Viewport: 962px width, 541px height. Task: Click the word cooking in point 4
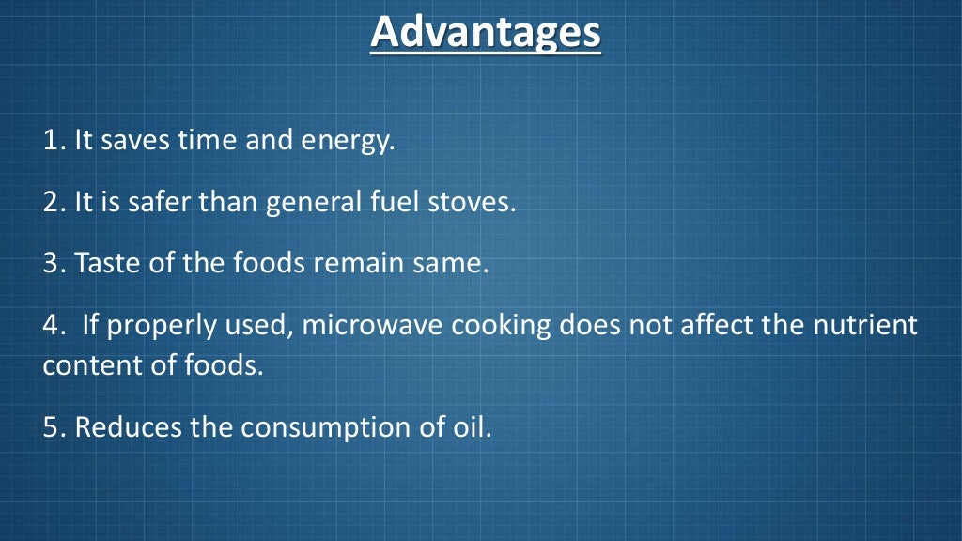(502, 328)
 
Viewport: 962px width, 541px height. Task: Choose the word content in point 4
(86, 365)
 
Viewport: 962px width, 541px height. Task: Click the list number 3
(52, 263)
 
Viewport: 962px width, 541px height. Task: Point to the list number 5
(52, 427)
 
